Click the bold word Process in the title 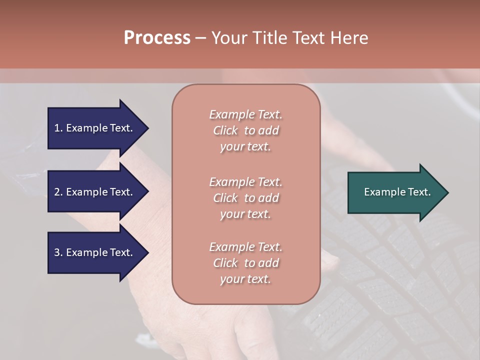pos(157,38)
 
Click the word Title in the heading pos(269,38)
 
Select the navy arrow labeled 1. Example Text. pos(95,128)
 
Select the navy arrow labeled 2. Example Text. pos(95,192)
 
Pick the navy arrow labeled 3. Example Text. pos(95,252)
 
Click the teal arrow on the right pos(395,192)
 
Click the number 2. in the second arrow pos(58,192)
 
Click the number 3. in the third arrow pos(58,252)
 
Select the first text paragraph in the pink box pos(245,130)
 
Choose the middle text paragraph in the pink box pos(245,198)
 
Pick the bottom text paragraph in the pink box pos(245,263)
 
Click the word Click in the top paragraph pos(225,130)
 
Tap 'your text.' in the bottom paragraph pos(245,279)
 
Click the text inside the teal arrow pos(397,192)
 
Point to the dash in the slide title pos(201,38)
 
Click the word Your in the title pos(229,38)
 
